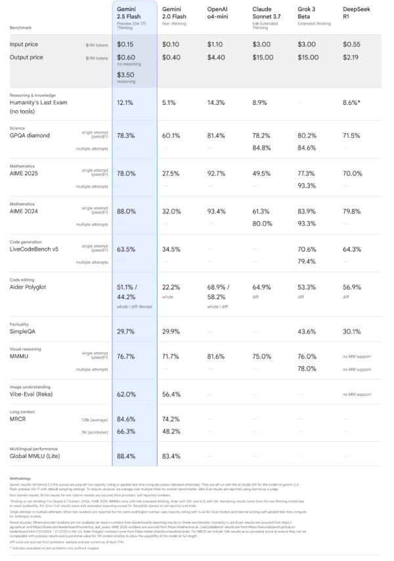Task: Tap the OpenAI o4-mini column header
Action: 217,13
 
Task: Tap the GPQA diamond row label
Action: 30,136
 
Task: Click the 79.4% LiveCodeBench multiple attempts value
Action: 307,262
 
